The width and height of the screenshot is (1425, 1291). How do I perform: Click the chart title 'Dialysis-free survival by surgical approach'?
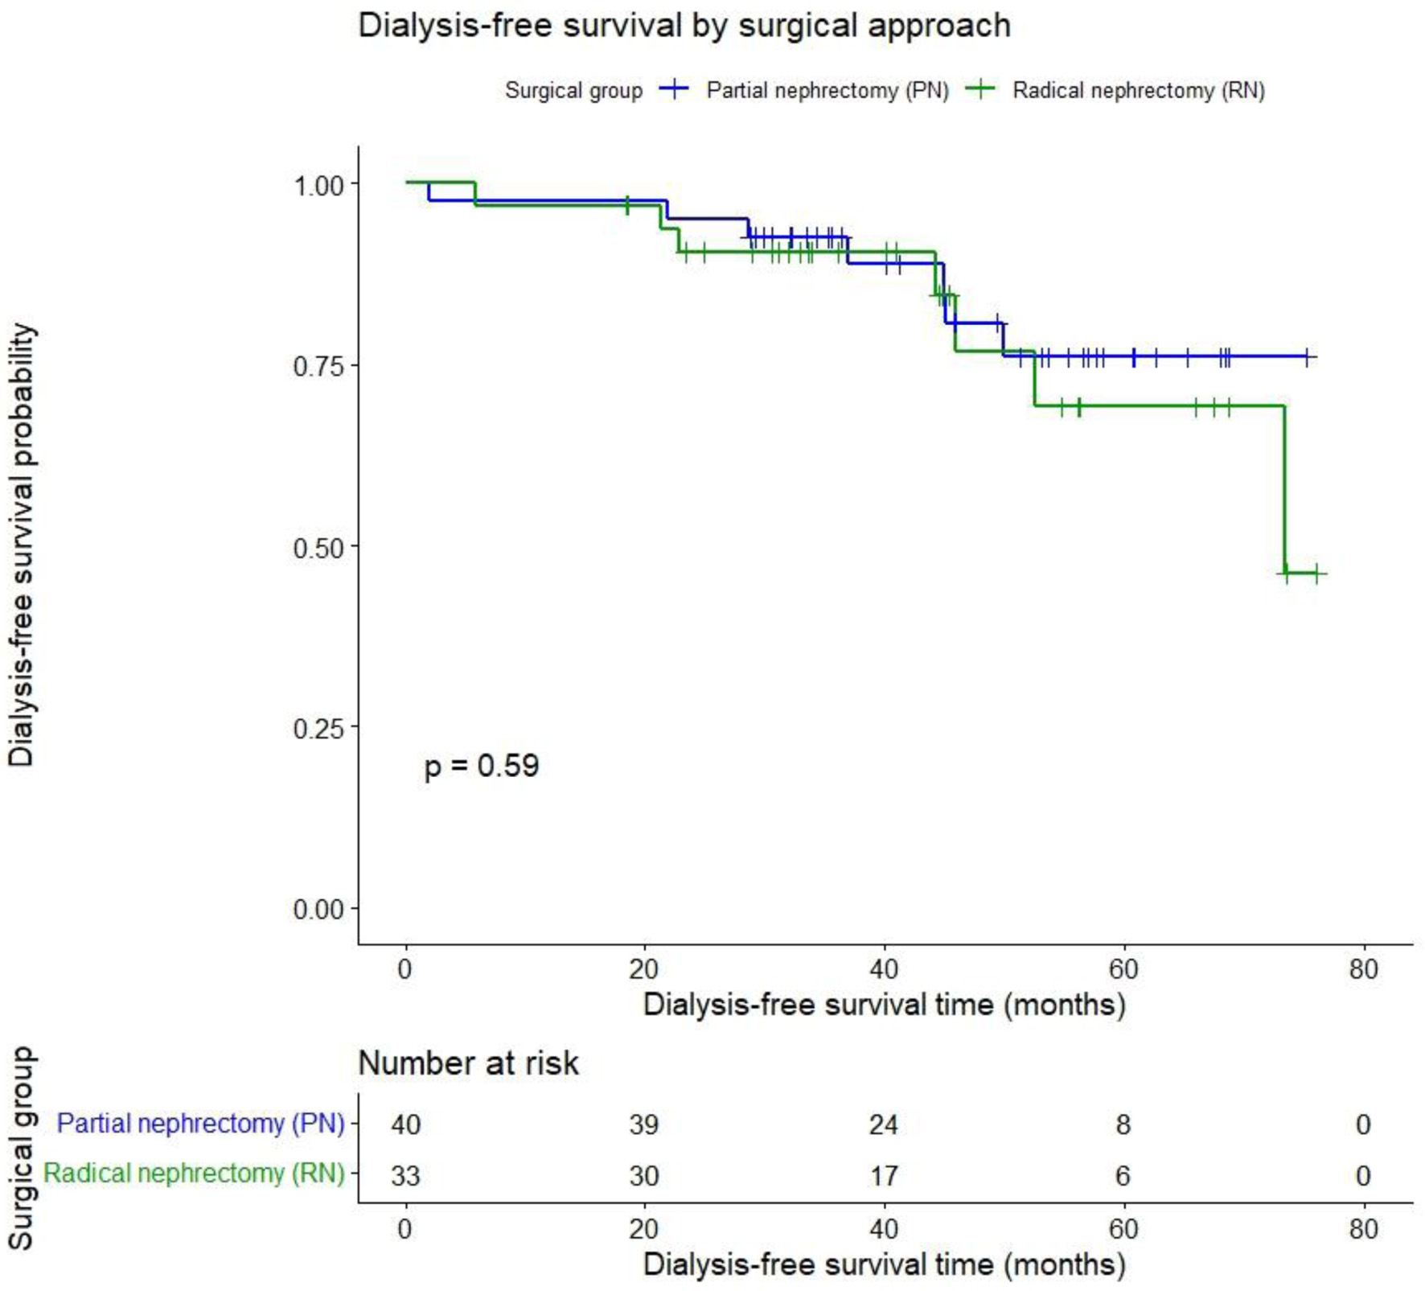point(684,26)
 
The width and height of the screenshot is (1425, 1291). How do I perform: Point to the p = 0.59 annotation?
point(481,766)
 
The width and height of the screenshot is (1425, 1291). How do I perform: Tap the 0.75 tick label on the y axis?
point(318,366)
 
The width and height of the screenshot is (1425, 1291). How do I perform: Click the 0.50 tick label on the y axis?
point(318,548)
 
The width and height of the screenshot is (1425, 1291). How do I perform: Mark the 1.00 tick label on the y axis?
point(318,186)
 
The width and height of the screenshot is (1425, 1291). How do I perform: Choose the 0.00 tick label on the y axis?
point(318,910)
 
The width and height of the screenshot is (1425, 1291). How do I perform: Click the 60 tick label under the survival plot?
point(1123,969)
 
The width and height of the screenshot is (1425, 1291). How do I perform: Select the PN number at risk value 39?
point(644,1124)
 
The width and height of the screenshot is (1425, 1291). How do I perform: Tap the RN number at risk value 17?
point(883,1176)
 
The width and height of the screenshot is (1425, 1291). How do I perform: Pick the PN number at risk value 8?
point(1123,1124)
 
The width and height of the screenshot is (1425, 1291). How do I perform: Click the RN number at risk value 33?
point(405,1176)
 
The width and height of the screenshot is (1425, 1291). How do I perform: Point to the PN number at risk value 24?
point(883,1124)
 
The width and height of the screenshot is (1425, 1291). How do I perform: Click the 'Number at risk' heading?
point(468,1063)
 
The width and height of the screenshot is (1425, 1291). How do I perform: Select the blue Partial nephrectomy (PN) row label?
point(200,1123)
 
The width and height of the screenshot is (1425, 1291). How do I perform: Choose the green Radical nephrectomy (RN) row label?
point(194,1174)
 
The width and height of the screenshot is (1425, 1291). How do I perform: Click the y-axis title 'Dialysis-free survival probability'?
point(22,545)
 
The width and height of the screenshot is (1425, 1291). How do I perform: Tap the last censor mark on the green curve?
point(1316,574)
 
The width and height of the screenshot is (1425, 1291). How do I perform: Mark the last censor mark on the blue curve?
point(1308,356)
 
